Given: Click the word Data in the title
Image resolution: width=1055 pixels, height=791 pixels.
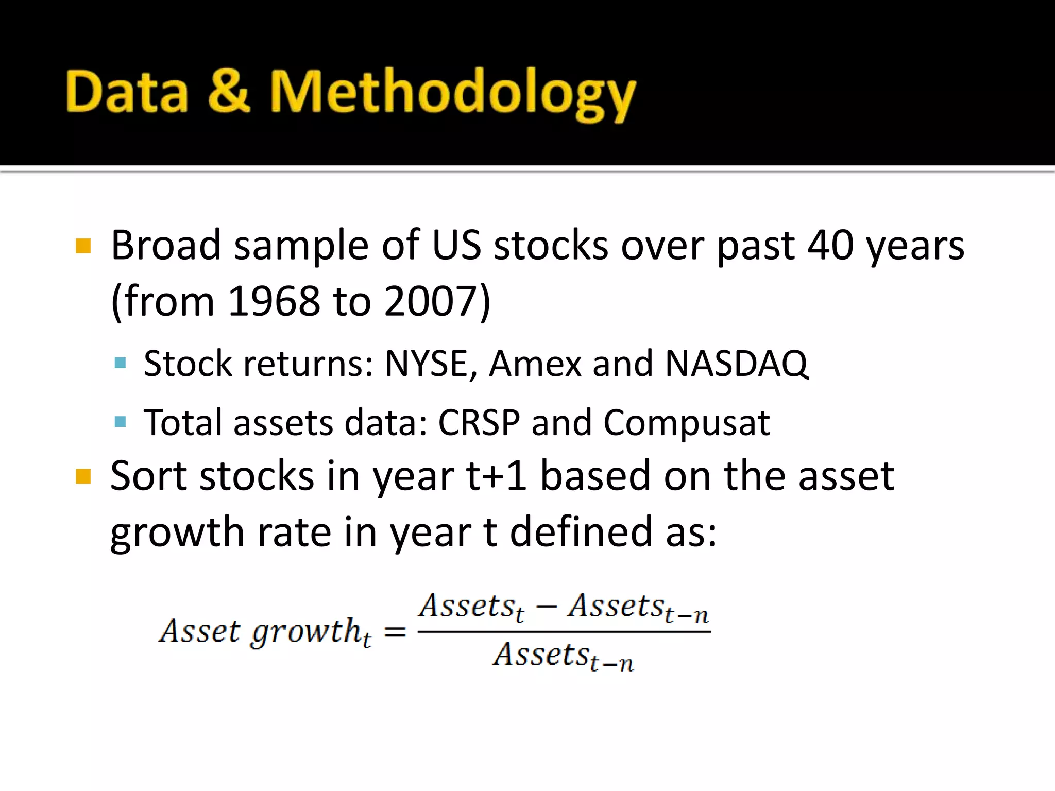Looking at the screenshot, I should click(127, 92).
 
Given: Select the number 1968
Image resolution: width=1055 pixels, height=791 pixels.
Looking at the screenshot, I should click(273, 301).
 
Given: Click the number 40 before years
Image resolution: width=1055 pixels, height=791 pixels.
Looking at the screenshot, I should click(830, 245).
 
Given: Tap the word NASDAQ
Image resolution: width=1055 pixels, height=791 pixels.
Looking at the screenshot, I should click(737, 364).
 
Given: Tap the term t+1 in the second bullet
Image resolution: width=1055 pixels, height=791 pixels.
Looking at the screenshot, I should click(496, 476).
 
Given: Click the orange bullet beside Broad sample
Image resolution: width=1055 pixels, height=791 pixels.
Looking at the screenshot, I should click(83, 246).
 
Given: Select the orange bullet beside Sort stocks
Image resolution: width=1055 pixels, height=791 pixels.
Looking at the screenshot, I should click(83, 476).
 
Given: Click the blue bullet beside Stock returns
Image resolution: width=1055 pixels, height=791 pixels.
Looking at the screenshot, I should click(120, 363).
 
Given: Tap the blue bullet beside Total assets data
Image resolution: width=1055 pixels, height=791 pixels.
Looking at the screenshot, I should click(120, 422).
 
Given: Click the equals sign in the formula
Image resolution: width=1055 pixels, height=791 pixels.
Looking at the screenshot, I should click(395, 631).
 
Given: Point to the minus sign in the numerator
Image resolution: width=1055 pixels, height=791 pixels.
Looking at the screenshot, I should click(546, 607).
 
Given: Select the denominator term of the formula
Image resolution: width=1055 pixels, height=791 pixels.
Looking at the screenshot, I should click(564, 656).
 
